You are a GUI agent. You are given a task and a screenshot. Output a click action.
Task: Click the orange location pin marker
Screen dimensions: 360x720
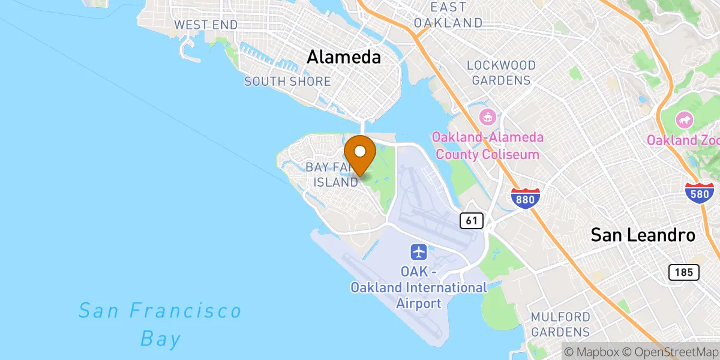[360, 154]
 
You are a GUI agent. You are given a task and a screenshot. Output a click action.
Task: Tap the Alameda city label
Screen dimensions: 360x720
[344, 57]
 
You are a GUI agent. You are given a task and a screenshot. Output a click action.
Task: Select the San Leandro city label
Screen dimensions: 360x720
[643, 235]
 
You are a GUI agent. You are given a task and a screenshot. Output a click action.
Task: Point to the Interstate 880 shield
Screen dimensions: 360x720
[526, 197]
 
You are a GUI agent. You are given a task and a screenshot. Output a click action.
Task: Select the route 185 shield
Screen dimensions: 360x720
[684, 272]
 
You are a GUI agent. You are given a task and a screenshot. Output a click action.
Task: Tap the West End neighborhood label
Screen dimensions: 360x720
[206, 25]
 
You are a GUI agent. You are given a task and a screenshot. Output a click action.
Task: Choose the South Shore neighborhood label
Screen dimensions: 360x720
[287, 81]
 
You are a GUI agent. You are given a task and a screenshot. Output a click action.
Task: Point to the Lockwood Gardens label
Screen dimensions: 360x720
[501, 72]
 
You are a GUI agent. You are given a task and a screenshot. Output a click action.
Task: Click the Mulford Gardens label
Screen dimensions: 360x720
[560, 324]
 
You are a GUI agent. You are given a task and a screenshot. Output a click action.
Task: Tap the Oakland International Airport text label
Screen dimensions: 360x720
[419, 288]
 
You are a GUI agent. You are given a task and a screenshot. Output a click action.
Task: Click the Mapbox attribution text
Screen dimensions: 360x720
[593, 351]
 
